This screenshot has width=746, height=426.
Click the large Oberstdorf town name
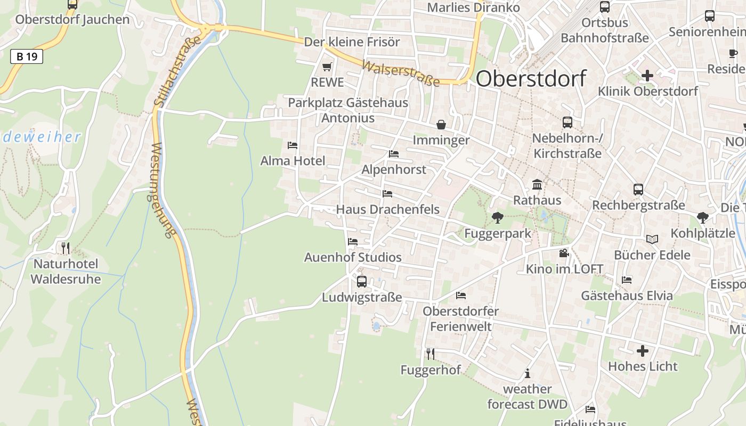531,78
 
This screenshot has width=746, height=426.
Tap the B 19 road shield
26,56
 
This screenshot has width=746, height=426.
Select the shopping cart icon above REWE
327,67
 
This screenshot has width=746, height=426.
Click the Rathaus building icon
537,185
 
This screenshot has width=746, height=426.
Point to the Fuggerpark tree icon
498,217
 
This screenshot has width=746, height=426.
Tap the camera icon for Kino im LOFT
564,253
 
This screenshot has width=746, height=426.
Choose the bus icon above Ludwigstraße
362,281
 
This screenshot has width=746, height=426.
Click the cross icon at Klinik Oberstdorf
647,76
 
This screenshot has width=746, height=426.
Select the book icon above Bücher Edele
652,239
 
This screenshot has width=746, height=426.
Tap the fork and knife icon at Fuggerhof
430,354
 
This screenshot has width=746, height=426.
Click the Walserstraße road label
401,73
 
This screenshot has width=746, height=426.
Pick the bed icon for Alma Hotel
292,145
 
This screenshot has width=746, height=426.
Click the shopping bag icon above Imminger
441,125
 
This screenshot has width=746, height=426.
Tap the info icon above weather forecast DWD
528,373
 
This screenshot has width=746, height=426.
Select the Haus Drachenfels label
388,209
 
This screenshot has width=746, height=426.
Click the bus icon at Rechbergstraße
638,189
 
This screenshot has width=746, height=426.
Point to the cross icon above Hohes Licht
643,351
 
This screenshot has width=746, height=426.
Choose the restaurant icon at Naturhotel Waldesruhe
65,248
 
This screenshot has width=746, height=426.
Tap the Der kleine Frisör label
352,42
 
